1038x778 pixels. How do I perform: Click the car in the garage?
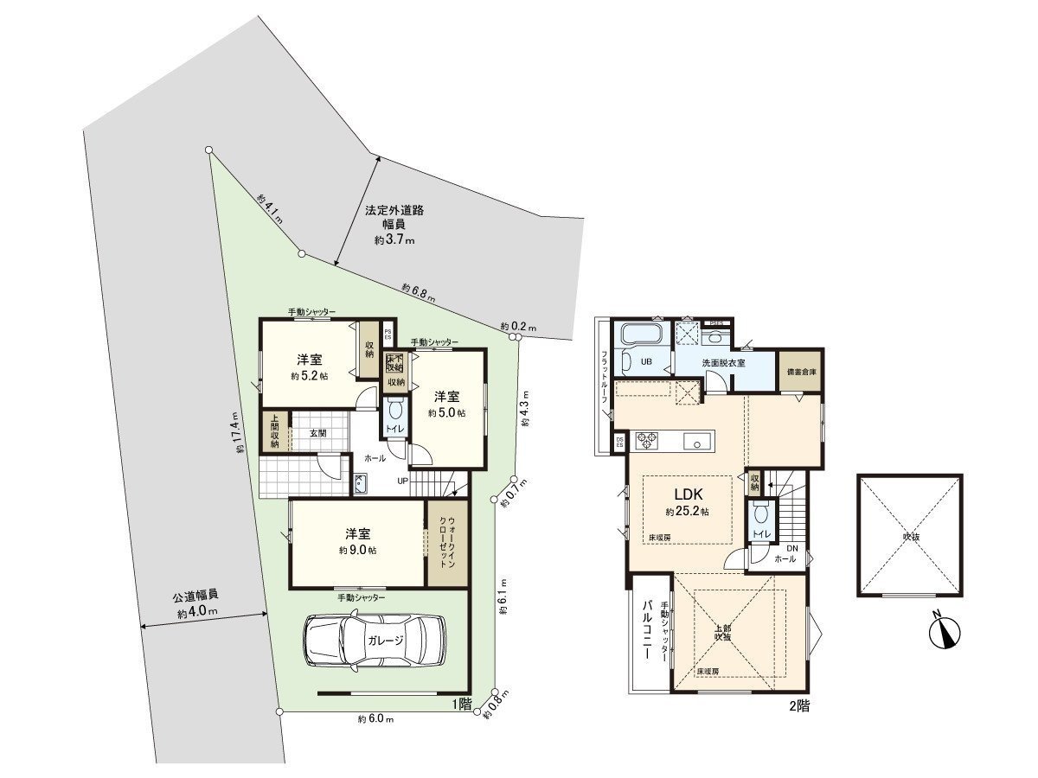tap(375, 641)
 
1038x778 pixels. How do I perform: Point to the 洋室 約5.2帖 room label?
tap(310, 367)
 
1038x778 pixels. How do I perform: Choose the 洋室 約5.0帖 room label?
tap(446, 404)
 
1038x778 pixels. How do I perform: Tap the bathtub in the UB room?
tap(641, 334)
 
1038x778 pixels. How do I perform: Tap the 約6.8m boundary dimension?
tap(418, 292)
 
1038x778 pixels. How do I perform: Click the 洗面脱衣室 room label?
tap(725, 362)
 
